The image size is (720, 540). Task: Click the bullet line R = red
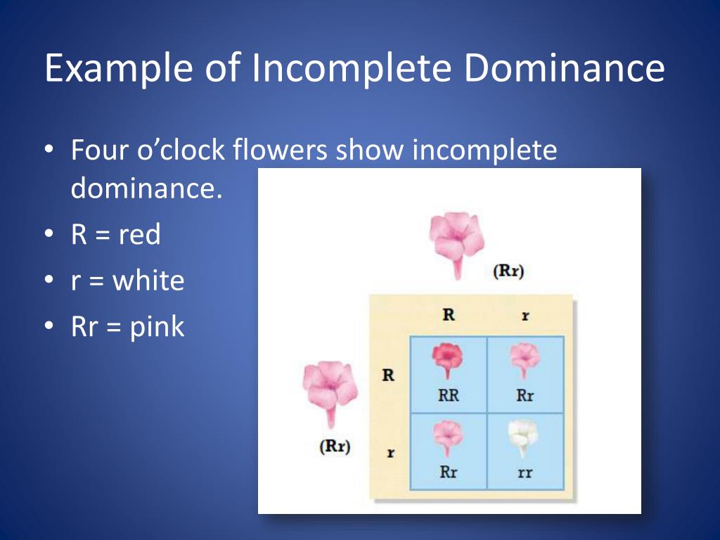pos(116,234)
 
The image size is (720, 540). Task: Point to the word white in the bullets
pos(148,281)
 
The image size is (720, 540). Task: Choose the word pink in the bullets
pos(157,327)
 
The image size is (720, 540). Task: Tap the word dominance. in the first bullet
pos(146,188)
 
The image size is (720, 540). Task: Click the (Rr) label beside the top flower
pos(508,271)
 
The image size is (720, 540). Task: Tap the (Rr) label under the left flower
pos(335,446)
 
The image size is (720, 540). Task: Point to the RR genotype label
pos(448,395)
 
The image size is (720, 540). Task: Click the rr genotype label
pos(525,472)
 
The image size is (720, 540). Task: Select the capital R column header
pos(448,314)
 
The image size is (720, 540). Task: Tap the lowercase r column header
pos(525,316)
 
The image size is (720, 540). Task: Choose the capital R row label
pos(388,375)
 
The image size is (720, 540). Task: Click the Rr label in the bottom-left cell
pos(448,472)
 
